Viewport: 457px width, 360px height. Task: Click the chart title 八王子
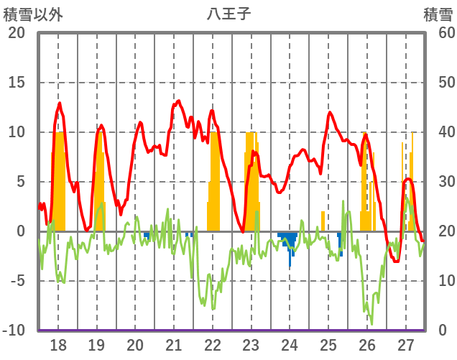[x=228, y=13]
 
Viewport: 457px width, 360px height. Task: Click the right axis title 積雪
[x=438, y=13]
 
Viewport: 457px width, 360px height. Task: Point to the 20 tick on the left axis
[x=17, y=33]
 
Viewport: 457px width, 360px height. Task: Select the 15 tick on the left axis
[x=17, y=83]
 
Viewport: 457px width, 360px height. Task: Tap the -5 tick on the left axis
[x=17, y=281]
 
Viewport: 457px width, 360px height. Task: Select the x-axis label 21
[x=173, y=345]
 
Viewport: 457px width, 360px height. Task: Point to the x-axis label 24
[x=290, y=345]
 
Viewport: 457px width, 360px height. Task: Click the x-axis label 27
[x=405, y=345]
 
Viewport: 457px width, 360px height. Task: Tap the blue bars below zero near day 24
[x=289, y=241]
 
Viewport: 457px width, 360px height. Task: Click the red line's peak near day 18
[x=60, y=103]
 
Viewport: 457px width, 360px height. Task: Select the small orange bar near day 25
[x=323, y=221]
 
